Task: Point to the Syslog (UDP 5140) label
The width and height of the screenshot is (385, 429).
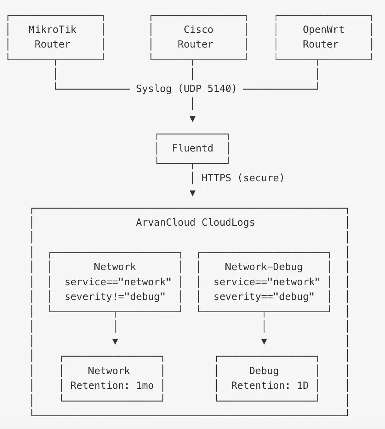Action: (x=186, y=89)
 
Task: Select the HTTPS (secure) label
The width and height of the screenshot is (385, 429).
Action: (x=243, y=178)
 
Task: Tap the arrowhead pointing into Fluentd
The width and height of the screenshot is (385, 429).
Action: (x=192, y=119)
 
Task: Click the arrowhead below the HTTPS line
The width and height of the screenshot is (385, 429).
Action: (x=192, y=193)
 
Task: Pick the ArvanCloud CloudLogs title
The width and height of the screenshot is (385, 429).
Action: (x=195, y=223)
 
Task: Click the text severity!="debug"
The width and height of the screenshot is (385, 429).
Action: (x=115, y=297)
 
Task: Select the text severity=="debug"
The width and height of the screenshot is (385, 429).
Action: (x=264, y=297)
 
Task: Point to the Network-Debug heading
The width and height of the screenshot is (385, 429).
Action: (x=264, y=267)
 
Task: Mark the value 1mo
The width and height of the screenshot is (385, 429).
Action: (x=145, y=385)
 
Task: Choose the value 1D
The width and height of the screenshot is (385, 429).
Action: (x=303, y=385)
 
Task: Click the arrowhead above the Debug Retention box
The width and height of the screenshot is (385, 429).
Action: (x=264, y=341)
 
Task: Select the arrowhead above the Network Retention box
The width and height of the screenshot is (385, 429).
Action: (x=115, y=341)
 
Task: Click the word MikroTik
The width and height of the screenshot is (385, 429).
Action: (x=52, y=29)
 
